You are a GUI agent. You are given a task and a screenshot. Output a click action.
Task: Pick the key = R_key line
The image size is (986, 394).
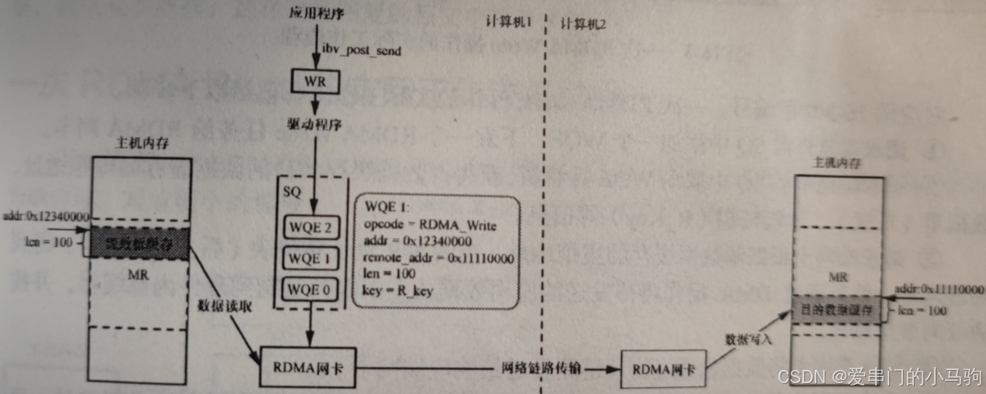click(x=397, y=290)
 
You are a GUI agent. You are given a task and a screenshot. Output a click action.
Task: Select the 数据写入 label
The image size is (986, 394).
click(x=746, y=339)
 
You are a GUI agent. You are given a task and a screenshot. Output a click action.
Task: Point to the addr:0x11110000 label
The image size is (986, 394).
click(x=939, y=290)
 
